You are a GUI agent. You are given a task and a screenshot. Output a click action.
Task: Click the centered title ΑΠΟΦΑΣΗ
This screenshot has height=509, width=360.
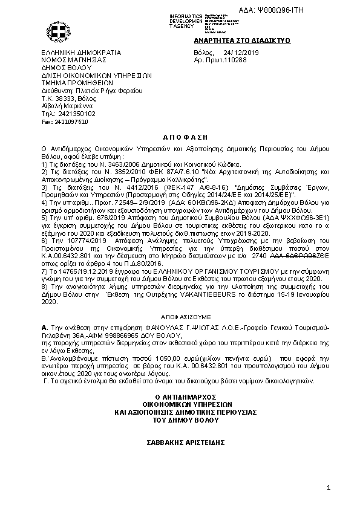180,138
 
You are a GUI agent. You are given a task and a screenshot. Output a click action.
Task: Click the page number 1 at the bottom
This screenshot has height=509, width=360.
327,488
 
